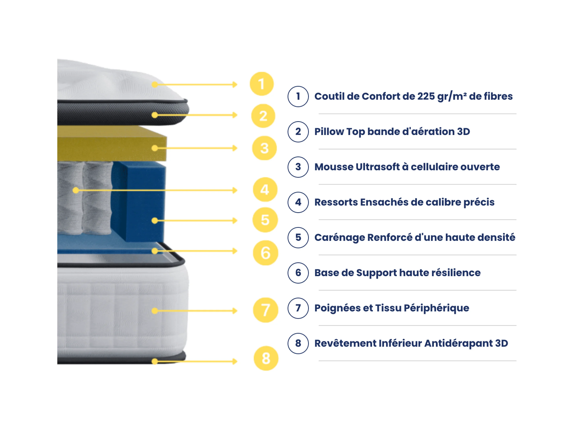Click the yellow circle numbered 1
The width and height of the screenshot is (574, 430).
pyautogui.click(x=262, y=84)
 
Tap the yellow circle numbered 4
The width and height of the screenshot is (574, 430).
pyautogui.click(x=265, y=190)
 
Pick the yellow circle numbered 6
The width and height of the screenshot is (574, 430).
pyautogui.click(x=265, y=253)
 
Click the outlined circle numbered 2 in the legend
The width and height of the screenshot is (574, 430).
pyautogui.click(x=298, y=132)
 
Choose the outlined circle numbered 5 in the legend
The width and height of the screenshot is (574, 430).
pyautogui.click(x=298, y=237)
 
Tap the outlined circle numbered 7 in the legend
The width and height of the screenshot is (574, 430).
pyautogui.click(x=298, y=308)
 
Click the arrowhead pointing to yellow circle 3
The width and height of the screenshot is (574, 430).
pyautogui.click(x=235, y=148)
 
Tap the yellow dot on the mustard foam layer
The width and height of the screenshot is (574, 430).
pyautogui.click(x=155, y=148)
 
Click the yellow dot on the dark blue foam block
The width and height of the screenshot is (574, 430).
pyautogui.click(x=155, y=221)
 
